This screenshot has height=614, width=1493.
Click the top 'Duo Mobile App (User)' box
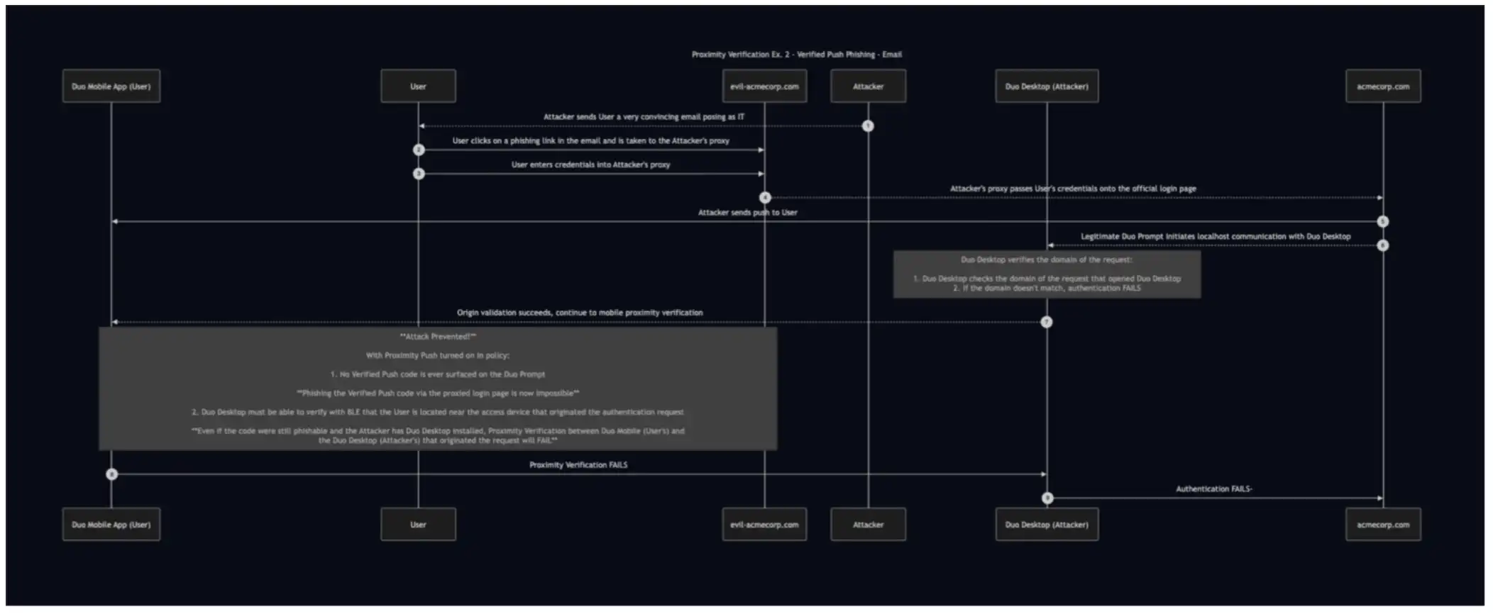tap(111, 86)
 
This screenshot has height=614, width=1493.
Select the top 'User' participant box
tap(418, 86)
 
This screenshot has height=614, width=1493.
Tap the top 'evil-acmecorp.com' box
tap(764, 86)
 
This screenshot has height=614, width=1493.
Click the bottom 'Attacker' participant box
tap(868, 525)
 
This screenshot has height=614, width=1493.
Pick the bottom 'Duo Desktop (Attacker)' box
tap(1047, 525)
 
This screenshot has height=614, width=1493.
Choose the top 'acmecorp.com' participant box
tap(1383, 86)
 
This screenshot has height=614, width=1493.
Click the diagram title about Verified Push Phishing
tap(796, 55)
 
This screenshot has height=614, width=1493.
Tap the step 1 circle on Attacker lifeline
tap(868, 126)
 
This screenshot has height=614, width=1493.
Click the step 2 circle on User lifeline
tap(419, 150)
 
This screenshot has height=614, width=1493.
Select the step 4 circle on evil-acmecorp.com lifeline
tap(765, 198)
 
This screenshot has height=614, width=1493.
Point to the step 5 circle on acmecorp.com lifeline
tap(1382, 222)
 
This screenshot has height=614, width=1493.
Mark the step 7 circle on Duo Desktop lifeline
tap(1047, 323)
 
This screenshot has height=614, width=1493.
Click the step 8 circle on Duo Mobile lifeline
tap(111, 474)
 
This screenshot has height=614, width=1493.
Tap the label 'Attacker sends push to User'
tap(747, 213)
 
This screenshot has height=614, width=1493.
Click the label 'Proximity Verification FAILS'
tap(578, 465)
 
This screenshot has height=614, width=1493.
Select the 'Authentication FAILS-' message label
tap(1214, 489)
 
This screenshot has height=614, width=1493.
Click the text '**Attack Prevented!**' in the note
tap(438, 337)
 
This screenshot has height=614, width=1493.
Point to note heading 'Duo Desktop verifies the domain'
tap(1047, 260)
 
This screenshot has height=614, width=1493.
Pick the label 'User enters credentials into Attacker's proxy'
tap(590, 164)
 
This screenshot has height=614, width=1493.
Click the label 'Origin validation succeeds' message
tap(580, 313)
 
